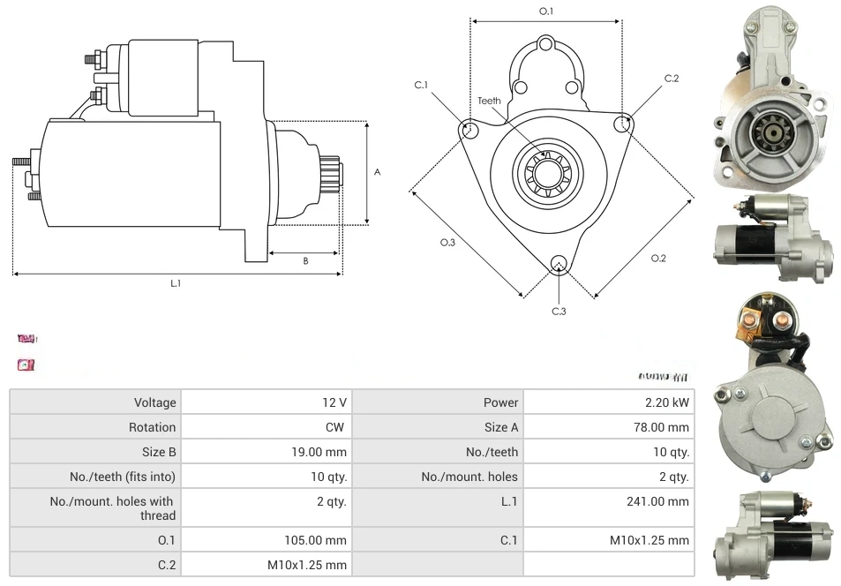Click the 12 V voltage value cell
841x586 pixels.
pos(334,402)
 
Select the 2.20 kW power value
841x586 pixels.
pos(672,402)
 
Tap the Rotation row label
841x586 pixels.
pos(152,427)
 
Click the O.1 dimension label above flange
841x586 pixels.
pos(546,11)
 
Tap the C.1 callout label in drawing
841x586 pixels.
pos(421,85)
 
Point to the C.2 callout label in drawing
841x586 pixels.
pos(671,79)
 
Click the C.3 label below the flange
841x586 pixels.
pos(559,311)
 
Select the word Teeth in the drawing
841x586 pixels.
pos(489,101)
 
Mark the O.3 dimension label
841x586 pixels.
pos(447,243)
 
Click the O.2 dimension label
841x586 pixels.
pos(657,258)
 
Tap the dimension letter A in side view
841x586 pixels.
pos(377,172)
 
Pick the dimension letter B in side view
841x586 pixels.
pos(305,260)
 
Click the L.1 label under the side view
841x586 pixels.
pos(176,283)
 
